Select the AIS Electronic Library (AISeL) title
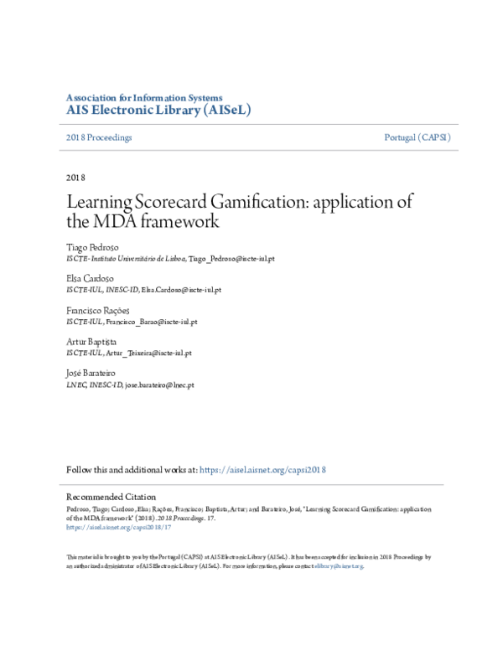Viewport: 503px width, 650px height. coord(158,110)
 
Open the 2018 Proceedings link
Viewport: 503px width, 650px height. coord(99,137)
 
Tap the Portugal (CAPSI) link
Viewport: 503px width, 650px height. coord(417,137)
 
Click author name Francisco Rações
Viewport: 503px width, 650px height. coord(98,310)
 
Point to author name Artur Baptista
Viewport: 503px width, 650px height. coord(92,342)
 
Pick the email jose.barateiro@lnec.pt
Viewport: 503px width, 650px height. coord(160,384)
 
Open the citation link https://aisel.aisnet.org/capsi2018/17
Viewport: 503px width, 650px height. coord(118,528)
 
